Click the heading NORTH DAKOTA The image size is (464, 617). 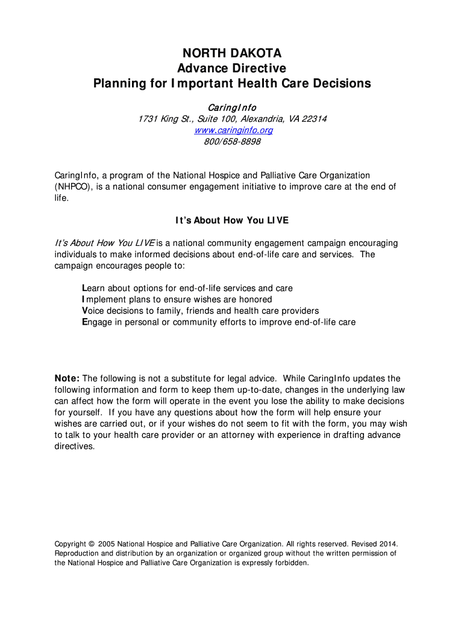coord(232,54)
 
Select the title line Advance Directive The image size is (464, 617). coord(232,68)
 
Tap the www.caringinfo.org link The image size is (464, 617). coord(232,130)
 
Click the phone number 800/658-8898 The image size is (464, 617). coord(232,142)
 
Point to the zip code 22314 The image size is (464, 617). coord(313,119)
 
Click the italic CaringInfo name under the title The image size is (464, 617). coord(232,107)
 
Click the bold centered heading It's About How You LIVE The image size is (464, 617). coord(232,221)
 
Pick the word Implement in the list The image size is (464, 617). coord(104,299)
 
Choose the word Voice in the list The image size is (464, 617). coord(93,311)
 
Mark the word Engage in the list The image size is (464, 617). coord(96,322)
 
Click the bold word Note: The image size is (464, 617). coord(67,378)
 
